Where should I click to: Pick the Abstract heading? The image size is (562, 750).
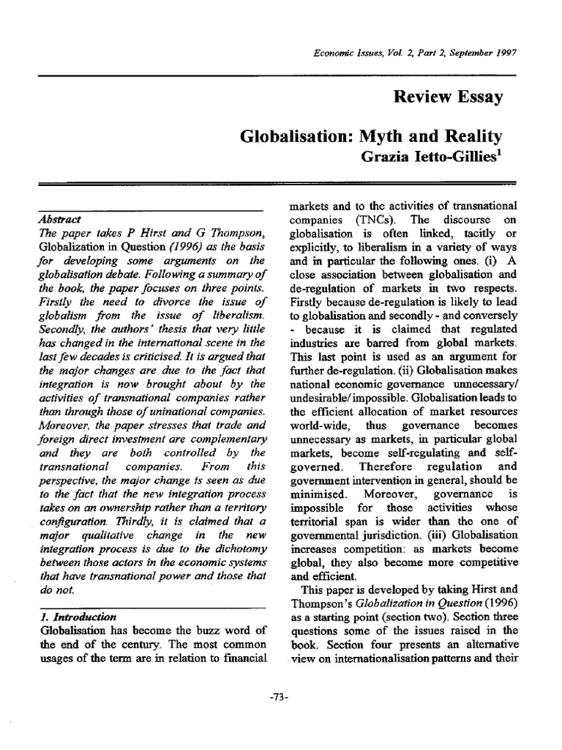[60, 218]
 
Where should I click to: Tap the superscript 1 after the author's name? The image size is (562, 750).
[500, 151]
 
